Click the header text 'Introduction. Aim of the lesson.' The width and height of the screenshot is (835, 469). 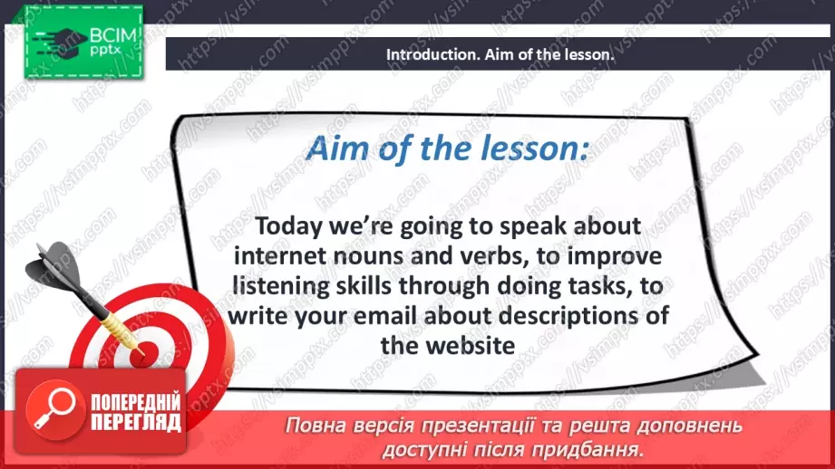(x=500, y=54)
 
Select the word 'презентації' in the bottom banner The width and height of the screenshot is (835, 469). (x=473, y=426)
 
